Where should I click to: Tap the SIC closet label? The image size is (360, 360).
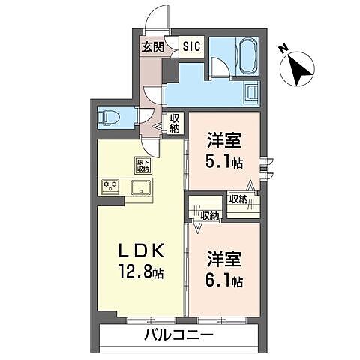pyautogui.click(x=192, y=46)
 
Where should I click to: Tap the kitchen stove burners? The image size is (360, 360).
pyautogui.click(x=111, y=187)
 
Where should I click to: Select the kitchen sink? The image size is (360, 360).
pyautogui.click(x=140, y=187)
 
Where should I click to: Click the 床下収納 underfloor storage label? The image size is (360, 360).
pyautogui.click(x=142, y=164)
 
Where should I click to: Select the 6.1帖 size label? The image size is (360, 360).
pyautogui.click(x=223, y=282)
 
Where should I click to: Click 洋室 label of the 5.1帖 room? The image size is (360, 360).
pyautogui.click(x=223, y=139)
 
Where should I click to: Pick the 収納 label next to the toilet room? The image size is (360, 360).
pyautogui.click(x=174, y=123)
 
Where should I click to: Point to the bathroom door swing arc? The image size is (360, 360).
pyautogui.click(x=220, y=70)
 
